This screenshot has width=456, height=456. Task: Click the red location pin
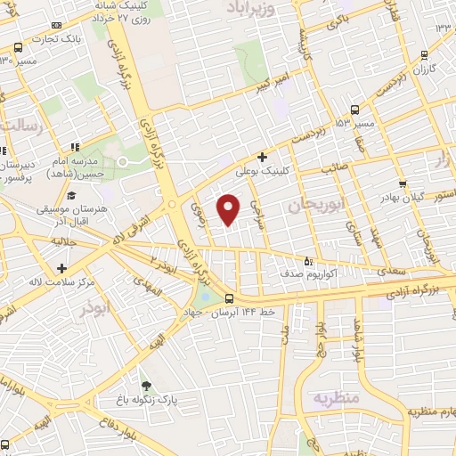pyautogui.click(x=229, y=208)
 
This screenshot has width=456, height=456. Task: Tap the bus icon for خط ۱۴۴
pyautogui.click(x=230, y=299)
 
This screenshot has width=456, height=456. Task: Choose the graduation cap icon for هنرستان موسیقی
pyautogui.click(x=70, y=197)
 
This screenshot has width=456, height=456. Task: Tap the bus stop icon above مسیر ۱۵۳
pyautogui.click(x=355, y=110)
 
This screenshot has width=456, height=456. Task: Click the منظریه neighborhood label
pyautogui.click(x=333, y=398)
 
